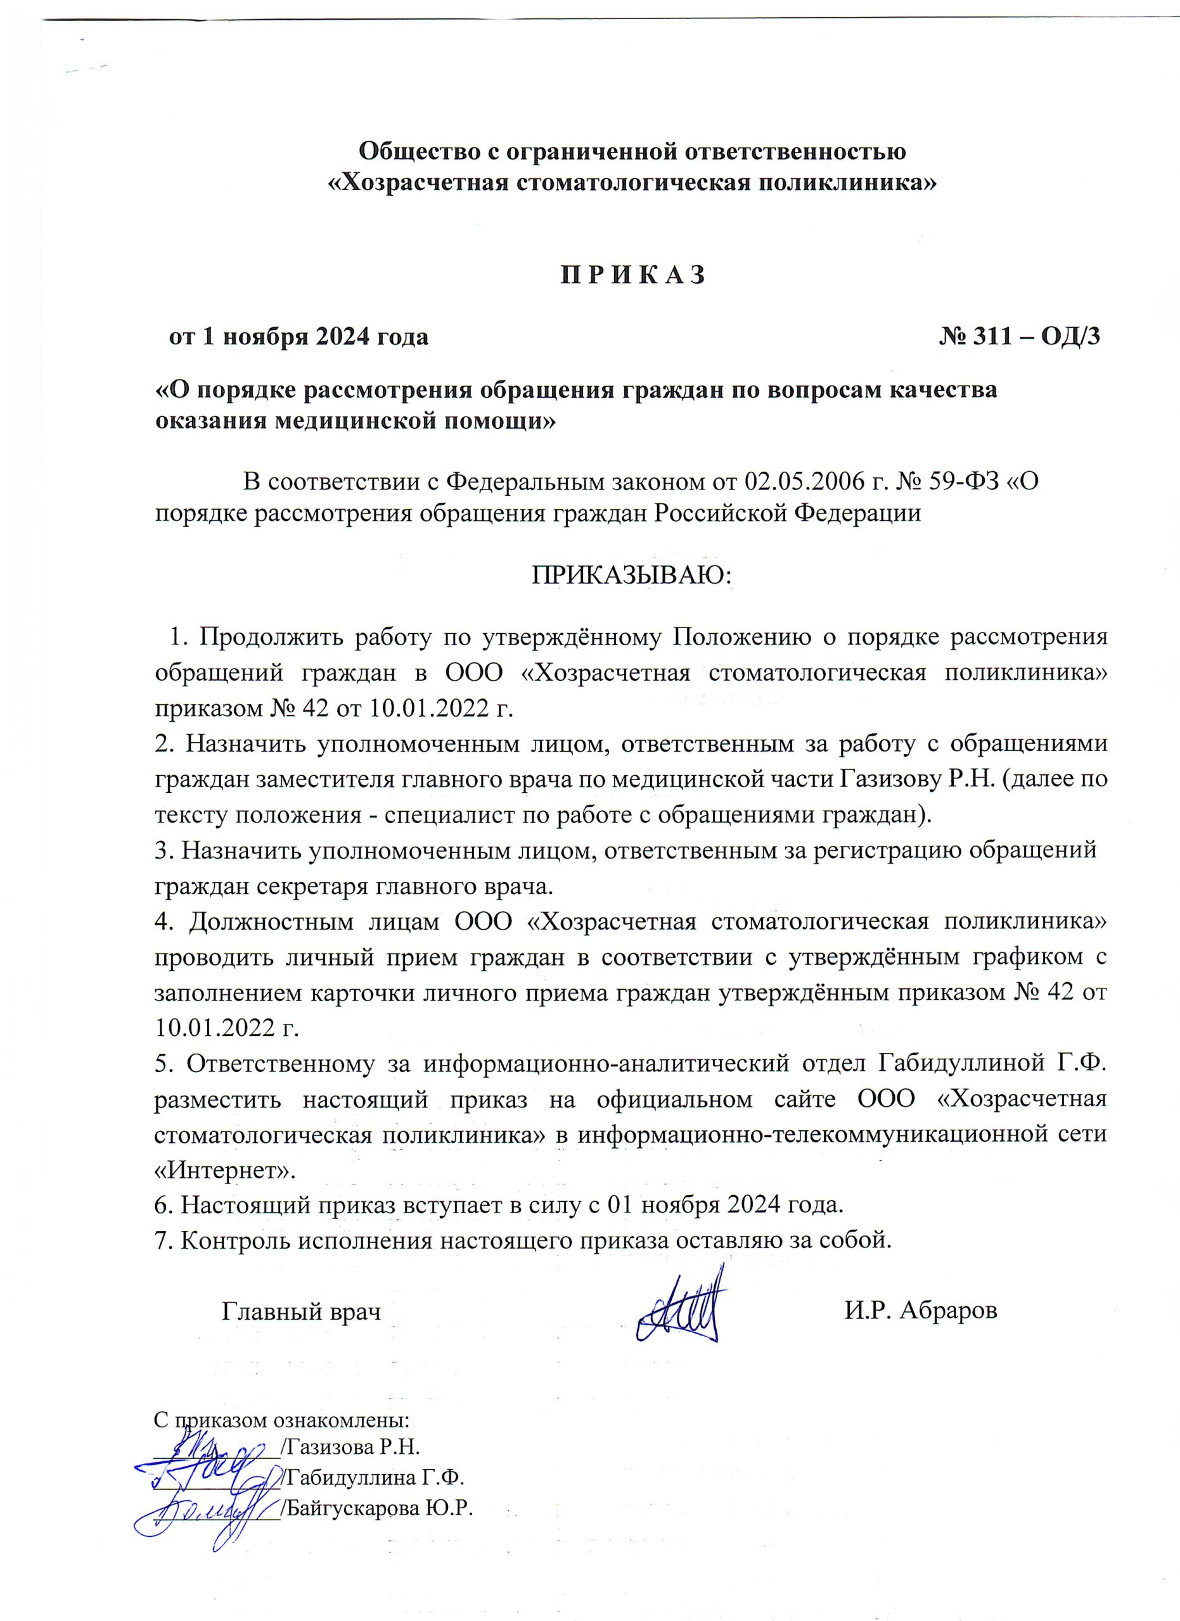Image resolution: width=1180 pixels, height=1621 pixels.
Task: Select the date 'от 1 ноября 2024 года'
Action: coord(298,336)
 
